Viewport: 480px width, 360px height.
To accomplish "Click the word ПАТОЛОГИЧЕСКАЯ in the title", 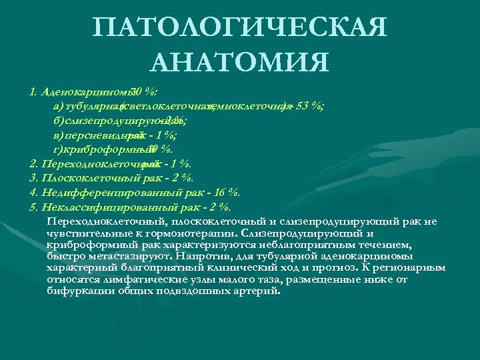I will click(x=240, y=29).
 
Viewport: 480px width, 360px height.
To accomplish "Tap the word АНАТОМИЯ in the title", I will click(x=240, y=63).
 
